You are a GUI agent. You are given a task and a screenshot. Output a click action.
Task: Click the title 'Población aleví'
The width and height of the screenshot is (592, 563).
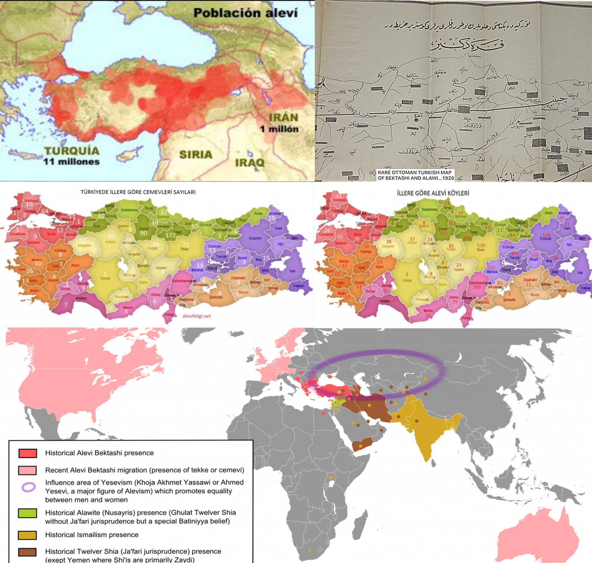[245, 13]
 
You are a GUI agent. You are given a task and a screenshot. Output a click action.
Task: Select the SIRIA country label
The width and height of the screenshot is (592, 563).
[196, 154]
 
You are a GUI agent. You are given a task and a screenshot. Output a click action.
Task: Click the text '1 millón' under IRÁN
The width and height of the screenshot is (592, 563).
[279, 129]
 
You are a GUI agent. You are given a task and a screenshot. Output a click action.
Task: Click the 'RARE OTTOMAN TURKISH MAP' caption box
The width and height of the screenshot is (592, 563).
[415, 175]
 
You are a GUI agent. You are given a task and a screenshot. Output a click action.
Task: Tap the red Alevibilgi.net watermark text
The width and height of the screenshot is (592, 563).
[197, 316]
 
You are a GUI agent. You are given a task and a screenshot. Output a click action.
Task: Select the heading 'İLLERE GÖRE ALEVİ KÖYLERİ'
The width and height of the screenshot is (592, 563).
[433, 193]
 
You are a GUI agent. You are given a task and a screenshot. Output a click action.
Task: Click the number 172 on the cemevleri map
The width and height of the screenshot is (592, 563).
[171, 235]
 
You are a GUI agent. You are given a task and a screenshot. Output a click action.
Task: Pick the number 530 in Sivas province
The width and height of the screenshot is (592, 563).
[481, 245]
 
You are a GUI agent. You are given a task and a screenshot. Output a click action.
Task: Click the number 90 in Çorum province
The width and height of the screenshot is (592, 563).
[143, 233]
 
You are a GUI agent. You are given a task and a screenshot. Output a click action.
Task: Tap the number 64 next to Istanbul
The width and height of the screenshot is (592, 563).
[45, 211]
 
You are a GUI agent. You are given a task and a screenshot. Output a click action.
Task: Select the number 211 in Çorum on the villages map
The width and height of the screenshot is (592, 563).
[443, 233]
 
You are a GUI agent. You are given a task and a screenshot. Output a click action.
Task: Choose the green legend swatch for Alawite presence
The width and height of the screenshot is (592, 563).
[27, 513]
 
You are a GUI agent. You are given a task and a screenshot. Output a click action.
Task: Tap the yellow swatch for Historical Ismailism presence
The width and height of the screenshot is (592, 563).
[27, 535]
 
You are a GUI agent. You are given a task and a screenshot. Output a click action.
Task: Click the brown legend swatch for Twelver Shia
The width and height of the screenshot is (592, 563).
[27, 552]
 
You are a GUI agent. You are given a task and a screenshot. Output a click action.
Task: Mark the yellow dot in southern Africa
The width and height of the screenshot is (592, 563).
[309, 550]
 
